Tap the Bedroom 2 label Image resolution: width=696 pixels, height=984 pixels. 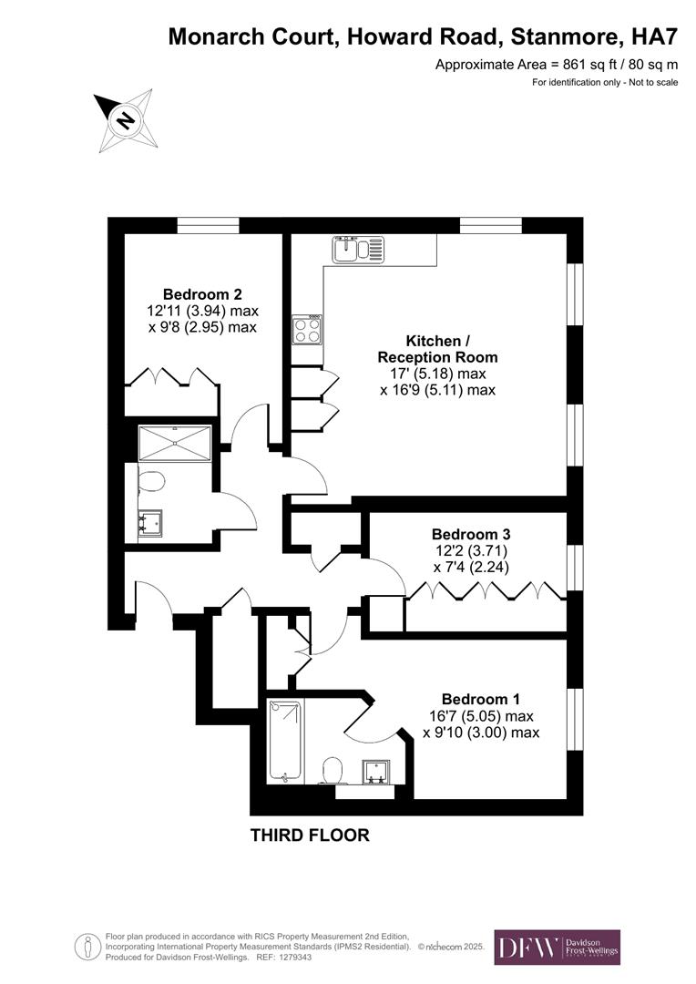202,294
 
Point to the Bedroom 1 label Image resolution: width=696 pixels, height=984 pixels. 481,700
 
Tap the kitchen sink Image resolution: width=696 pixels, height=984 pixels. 359,249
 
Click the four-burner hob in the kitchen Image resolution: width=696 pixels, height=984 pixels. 306,329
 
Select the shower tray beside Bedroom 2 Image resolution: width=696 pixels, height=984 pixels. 174,443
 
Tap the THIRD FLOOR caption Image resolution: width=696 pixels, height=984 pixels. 310,835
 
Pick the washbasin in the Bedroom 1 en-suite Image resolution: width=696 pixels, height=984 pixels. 375,772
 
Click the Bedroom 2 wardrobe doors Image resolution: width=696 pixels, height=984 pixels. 170,377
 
